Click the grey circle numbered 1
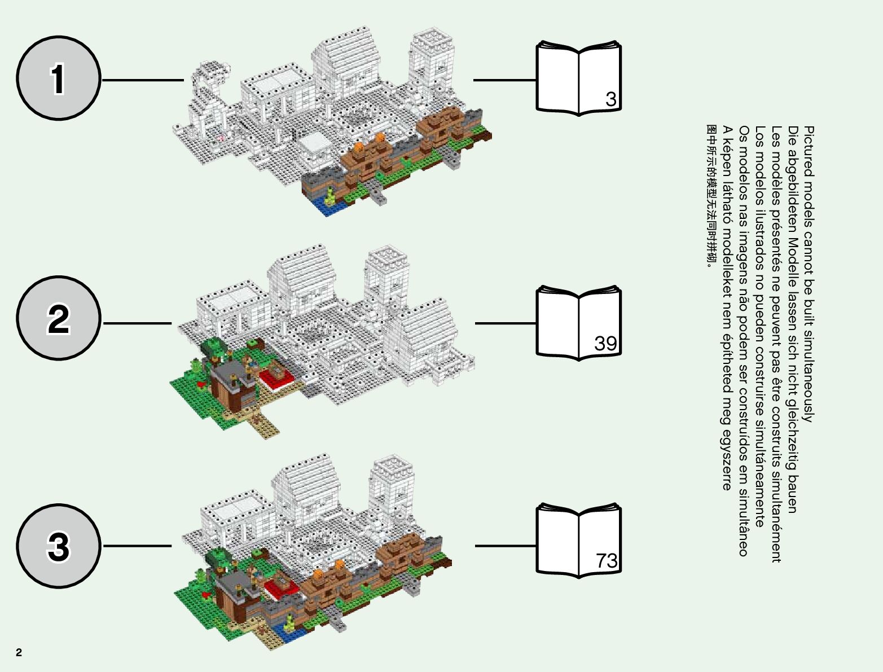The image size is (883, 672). tap(59, 78)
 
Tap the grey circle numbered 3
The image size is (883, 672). tap(59, 546)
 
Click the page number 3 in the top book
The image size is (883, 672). tap(610, 99)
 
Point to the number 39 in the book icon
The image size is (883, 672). tap(605, 343)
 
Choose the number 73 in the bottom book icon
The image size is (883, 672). tap(607, 561)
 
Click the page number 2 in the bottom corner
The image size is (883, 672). tap(19, 653)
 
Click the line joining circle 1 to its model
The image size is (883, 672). tap(143, 80)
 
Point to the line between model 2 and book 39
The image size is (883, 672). tap(505, 323)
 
